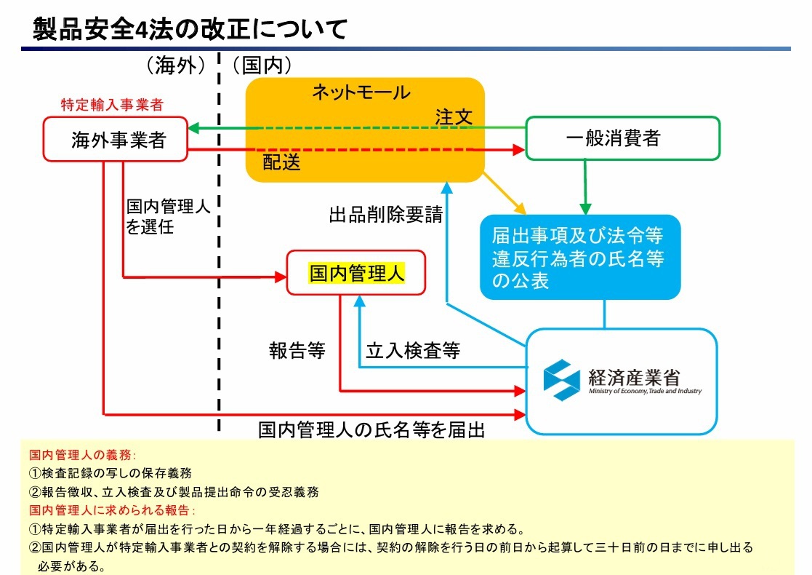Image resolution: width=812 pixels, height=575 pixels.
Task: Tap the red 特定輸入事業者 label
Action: (x=111, y=105)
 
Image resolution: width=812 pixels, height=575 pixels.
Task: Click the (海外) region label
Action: (x=175, y=66)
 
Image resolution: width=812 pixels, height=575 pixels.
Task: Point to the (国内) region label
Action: (x=262, y=66)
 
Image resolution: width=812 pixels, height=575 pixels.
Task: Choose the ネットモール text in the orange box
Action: (x=361, y=92)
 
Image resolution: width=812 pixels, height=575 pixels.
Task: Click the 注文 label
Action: (x=454, y=116)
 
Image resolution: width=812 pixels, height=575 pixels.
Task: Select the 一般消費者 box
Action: (x=622, y=138)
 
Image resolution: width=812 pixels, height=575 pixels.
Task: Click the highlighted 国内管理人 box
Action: (x=356, y=273)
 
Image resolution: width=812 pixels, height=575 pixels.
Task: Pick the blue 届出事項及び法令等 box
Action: (x=579, y=257)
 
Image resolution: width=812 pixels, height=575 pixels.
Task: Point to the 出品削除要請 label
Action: (x=385, y=215)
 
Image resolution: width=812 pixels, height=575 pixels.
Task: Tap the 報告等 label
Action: (x=297, y=351)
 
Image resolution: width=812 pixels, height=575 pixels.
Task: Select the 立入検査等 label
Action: (x=412, y=351)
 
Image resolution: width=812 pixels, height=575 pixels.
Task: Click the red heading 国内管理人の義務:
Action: (x=82, y=455)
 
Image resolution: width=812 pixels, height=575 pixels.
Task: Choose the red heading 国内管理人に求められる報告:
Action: (x=112, y=509)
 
